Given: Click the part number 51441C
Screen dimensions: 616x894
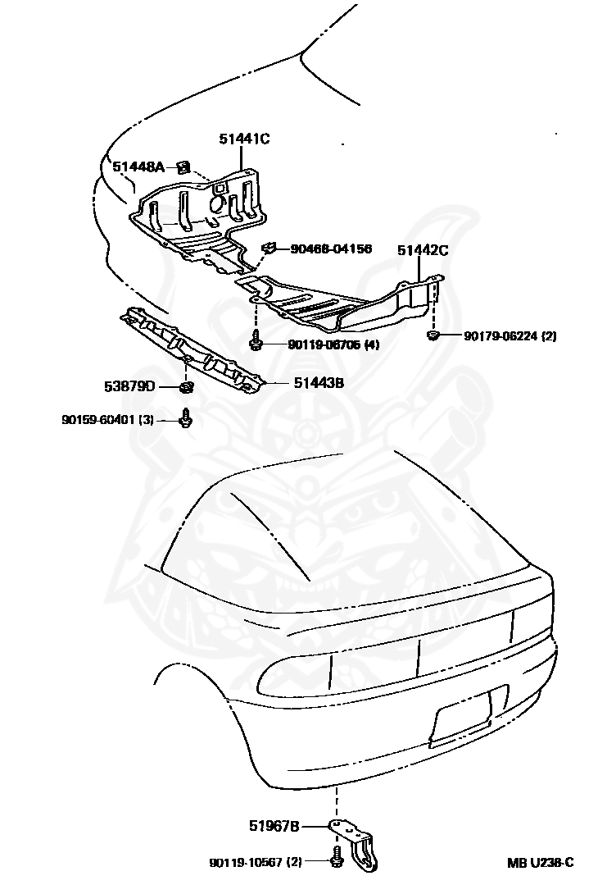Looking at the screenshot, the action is tap(244, 139).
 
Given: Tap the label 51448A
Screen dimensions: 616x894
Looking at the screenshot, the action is tap(138, 167).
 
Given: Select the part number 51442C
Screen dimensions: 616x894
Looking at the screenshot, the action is tap(423, 251).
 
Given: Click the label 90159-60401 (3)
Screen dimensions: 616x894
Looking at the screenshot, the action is tap(107, 420).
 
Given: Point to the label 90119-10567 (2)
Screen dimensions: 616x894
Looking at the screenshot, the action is tap(256, 862).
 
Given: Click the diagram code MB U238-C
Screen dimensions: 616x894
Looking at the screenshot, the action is tap(541, 862).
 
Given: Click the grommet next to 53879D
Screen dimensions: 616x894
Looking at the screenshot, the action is tap(187, 386).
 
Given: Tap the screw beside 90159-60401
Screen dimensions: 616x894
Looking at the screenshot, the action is tap(187, 417).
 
